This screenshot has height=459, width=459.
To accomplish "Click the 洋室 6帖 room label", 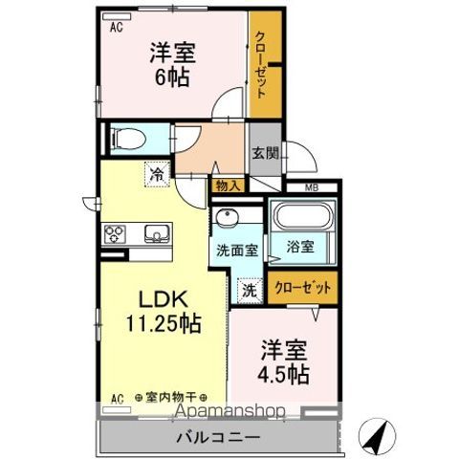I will [x=172, y=64].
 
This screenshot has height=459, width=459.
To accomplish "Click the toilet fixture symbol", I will [x=127, y=140].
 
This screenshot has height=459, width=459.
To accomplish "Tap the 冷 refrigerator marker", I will [x=156, y=175].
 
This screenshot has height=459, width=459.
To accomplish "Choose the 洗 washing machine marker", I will [x=245, y=289].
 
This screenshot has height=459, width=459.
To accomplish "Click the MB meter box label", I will [x=312, y=186].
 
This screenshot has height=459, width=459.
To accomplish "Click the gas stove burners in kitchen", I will [x=116, y=232].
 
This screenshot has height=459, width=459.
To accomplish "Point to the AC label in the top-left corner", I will [x=117, y=26].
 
